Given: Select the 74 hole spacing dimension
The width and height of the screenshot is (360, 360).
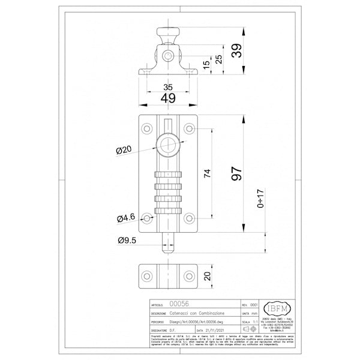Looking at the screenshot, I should pyautogui.click(x=208, y=174).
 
